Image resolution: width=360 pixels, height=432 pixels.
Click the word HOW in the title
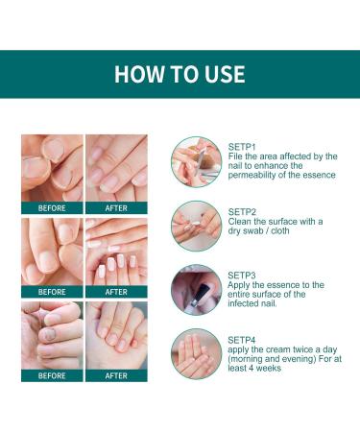pyautogui.click(x=135, y=74)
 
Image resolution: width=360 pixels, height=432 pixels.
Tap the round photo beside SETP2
pyautogui.click(x=196, y=224)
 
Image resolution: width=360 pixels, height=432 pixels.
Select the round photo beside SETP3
pyautogui.click(x=196, y=288)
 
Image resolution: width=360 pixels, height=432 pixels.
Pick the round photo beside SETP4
pyautogui.click(x=196, y=351)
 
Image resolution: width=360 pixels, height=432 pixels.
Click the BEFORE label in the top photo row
pyautogui.click(x=52, y=207)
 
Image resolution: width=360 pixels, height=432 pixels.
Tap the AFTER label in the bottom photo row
pyautogui.click(x=116, y=375)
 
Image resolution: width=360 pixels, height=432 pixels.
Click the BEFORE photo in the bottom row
pyautogui.click(x=52, y=334)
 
